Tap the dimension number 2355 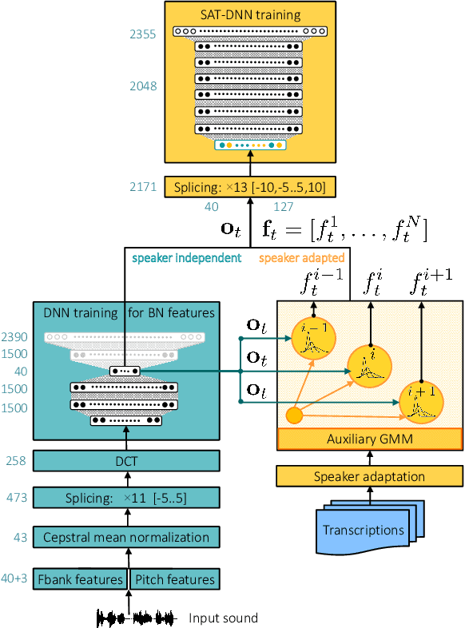pyautogui.click(x=143, y=34)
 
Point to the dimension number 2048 pyautogui.click(x=143, y=86)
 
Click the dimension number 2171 pyautogui.click(x=143, y=187)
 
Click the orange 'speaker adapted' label pyautogui.click(x=302, y=258)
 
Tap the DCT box pyautogui.click(x=126, y=461)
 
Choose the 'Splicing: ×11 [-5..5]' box pyautogui.click(x=126, y=498)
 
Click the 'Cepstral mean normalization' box pyautogui.click(x=126, y=537)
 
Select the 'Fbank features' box pyautogui.click(x=79, y=579)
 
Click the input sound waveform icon pyautogui.click(x=135, y=618)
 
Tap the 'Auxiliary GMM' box pyautogui.click(x=369, y=439)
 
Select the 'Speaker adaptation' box pyautogui.click(x=369, y=476)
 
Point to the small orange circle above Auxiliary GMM pyautogui.click(x=294, y=415)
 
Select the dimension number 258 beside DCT pyautogui.click(x=16, y=461)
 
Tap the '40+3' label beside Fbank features pyautogui.click(x=15, y=579)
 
